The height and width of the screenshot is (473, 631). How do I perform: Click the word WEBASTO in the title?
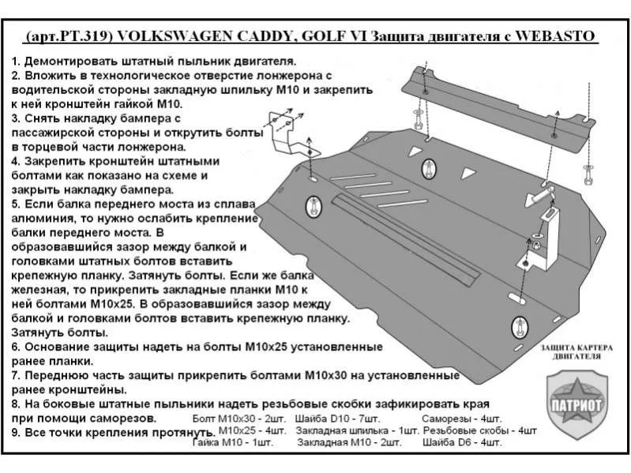tap(557, 36)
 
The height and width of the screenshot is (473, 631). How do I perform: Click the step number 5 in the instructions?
tap(16, 202)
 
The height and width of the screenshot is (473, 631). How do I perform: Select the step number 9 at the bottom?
tap(16, 433)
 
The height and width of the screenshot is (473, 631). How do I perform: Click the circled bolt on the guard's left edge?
tap(313, 207)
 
